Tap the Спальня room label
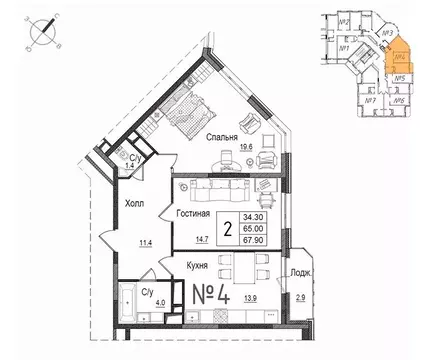(223, 137)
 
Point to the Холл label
(133, 203)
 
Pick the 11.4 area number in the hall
(145, 241)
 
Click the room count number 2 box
(228, 227)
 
